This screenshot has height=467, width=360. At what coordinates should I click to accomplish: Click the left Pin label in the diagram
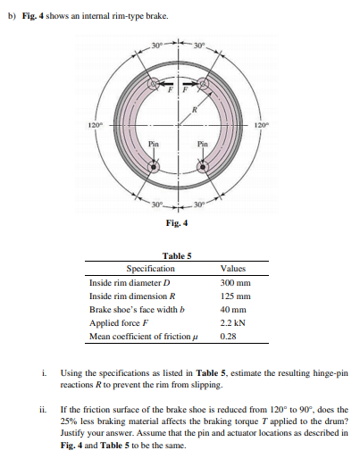pos(154,144)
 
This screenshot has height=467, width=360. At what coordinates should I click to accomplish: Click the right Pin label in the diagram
pos(204,144)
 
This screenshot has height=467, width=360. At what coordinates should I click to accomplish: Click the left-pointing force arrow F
pos(163,87)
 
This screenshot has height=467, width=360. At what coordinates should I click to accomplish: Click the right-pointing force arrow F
pos(193,87)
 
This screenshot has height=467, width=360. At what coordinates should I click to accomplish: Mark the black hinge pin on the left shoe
pos(153,166)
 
